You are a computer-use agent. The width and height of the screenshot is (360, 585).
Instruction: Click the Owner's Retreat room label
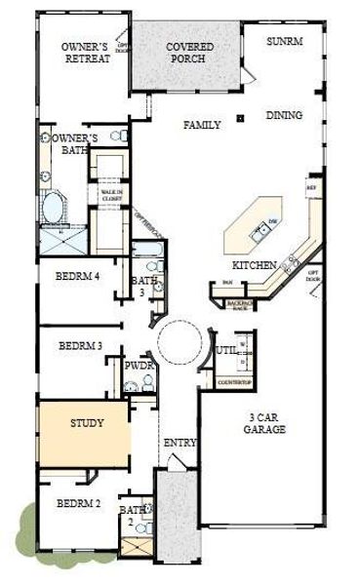pyautogui.click(x=85, y=53)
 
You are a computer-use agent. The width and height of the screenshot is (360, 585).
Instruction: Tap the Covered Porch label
pyautogui.click(x=189, y=53)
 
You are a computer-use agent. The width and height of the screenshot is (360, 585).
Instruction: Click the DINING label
pyautogui.click(x=283, y=116)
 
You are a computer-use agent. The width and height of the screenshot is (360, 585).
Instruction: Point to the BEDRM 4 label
pyautogui.click(x=79, y=276)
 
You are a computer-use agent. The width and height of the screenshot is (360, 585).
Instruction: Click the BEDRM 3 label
pyautogui.click(x=81, y=345)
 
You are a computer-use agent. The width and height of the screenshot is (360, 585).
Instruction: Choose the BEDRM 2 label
pyautogui.click(x=79, y=504)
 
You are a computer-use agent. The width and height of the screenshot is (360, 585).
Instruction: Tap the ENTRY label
pyautogui.click(x=180, y=443)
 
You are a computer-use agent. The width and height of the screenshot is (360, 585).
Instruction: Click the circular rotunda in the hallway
pyautogui.click(x=181, y=343)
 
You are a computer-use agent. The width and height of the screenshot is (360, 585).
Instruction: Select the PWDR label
pyautogui.click(x=138, y=367)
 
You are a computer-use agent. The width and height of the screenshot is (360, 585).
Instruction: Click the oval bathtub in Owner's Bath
pyautogui.click(x=54, y=208)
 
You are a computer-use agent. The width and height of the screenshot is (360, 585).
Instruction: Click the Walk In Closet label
pyautogui.click(x=111, y=195)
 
